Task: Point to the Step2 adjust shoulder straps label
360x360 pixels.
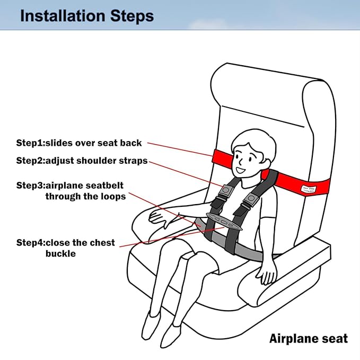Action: pyautogui.click(x=82, y=161)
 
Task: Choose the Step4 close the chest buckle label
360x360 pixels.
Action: pyautogui.click(x=65, y=248)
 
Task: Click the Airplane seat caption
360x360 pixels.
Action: pyautogui.click(x=308, y=338)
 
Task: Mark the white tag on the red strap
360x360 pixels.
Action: pyautogui.click(x=308, y=188)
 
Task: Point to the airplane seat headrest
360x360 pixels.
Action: pyautogui.click(x=268, y=90)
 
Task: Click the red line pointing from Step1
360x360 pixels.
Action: pyautogui.click(x=180, y=148)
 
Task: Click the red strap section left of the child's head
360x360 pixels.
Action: pyautogui.click(x=222, y=158)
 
